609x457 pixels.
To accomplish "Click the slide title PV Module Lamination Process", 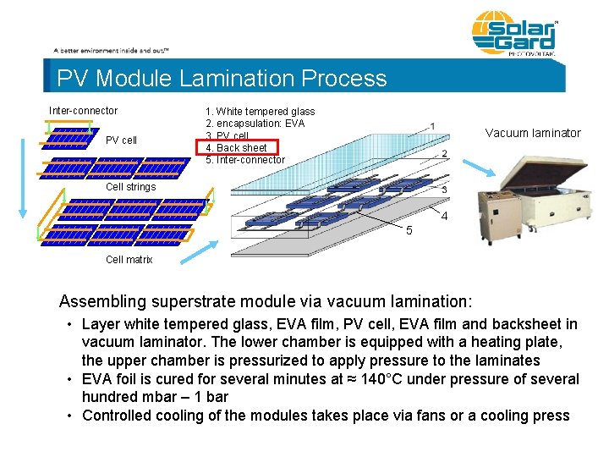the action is (x=222, y=79).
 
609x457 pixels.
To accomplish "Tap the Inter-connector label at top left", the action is (x=83, y=111).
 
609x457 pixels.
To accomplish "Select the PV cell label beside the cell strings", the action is (x=121, y=140).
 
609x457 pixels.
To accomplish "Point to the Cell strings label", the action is (x=130, y=187).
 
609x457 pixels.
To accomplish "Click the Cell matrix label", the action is (x=129, y=260).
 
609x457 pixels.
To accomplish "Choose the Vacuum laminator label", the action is (x=533, y=133).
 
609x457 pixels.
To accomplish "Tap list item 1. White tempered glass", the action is (x=260, y=112).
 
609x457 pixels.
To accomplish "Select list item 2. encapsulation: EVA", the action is (x=255, y=124).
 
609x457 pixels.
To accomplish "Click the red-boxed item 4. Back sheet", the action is (x=241, y=148).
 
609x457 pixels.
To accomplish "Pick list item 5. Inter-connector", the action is (x=245, y=160).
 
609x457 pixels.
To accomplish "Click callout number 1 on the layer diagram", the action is (x=432, y=127).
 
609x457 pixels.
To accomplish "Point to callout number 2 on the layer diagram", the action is (x=444, y=154).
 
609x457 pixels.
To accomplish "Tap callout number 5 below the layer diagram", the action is (x=409, y=231).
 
